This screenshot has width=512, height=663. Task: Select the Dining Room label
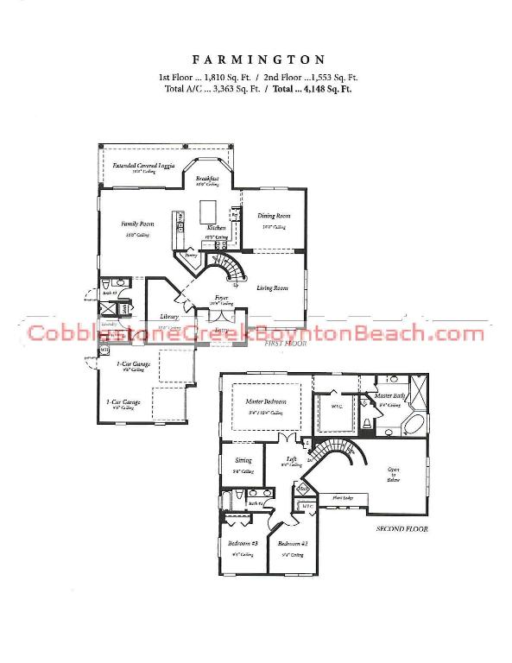[x=274, y=215]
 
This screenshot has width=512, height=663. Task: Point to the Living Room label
[x=273, y=287]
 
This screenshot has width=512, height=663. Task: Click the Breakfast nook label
[x=207, y=177]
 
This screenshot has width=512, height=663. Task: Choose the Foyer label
[x=222, y=297]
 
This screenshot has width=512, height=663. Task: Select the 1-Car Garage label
[x=123, y=401]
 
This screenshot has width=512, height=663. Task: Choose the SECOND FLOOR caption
[x=401, y=528]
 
